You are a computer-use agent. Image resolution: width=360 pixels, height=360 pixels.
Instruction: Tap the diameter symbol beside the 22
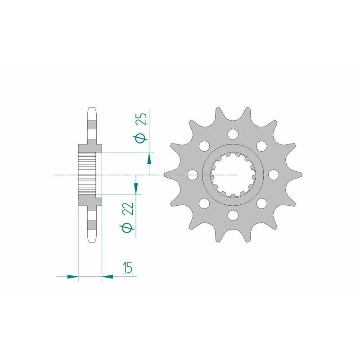click(x=129, y=227)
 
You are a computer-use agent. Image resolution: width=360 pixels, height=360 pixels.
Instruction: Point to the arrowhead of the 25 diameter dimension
click(x=149, y=158)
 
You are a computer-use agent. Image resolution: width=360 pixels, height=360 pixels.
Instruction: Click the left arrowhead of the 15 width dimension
click(x=73, y=275)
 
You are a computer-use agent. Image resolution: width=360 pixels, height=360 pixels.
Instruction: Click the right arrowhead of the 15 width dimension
click(x=108, y=275)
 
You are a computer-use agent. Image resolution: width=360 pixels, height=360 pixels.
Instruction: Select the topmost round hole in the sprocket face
click(x=233, y=134)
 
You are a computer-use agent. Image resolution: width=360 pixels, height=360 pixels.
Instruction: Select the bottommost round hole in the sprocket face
click(x=233, y=215)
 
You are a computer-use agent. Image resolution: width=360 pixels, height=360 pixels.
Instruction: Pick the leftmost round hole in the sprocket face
click(x=193, y=175)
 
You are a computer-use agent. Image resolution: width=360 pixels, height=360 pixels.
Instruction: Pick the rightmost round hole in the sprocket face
click(x=273, y=175)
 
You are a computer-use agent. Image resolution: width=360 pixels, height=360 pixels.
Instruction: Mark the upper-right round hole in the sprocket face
click(x=261, y=146)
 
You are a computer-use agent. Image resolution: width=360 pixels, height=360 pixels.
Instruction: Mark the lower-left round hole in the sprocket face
click(x=204, y=203)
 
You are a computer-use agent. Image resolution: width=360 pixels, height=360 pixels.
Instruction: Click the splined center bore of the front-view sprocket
click(x=233, y=175)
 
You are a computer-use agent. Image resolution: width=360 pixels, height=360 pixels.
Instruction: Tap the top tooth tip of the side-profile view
click(x=90, y=110)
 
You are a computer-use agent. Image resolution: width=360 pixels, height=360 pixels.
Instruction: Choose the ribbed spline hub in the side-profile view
click(x=87, y=175)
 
